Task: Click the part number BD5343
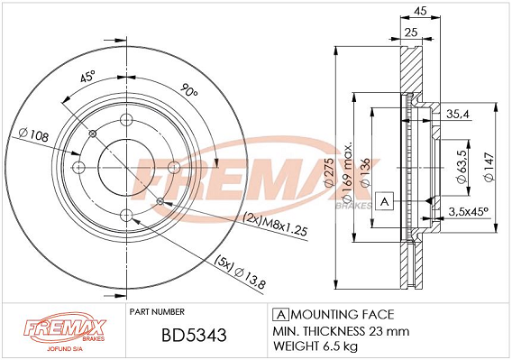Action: [194, 335]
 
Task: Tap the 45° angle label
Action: [87, 78]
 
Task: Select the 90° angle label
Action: [189, 90]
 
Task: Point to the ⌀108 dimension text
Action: [33, 134]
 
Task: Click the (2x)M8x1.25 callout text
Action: [276, 225]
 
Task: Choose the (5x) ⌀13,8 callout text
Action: [240, 272]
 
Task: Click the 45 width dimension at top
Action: [420, 11]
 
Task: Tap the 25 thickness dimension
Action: [411, 32]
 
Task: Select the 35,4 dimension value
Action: [458, 114]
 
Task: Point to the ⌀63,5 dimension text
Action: [462, 167]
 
